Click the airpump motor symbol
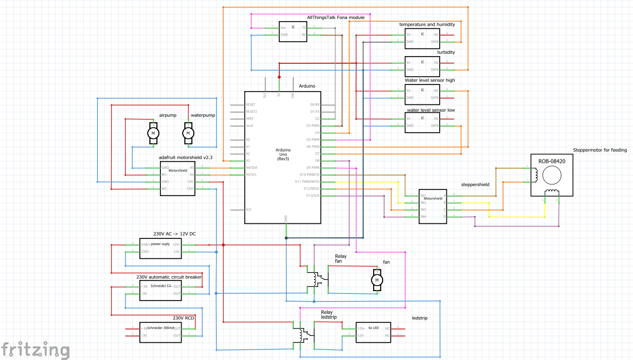152,133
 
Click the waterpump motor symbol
188,133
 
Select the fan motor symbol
377,281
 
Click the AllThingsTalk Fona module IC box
293,31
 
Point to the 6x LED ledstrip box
373,332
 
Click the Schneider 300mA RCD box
161,332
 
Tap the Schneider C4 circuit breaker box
161,289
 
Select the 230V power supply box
160,248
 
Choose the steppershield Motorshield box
433,206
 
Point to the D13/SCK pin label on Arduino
314,196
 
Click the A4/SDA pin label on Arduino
252,167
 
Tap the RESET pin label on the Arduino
250,104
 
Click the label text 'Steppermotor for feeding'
600,150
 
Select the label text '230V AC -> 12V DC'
174,234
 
